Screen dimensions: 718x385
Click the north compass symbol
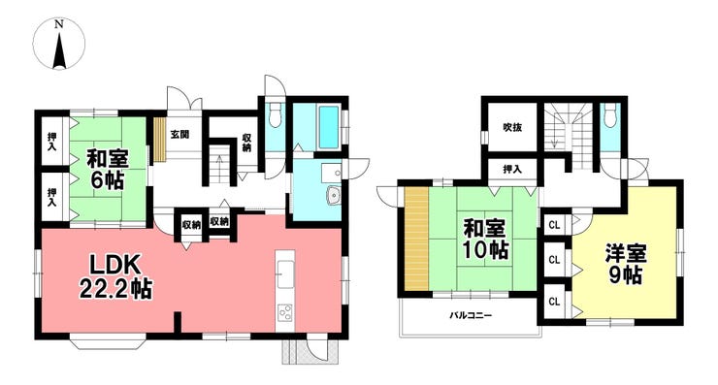click(59, 45)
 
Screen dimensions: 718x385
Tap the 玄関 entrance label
click(179, 135)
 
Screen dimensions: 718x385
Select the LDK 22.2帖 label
click(115, 276)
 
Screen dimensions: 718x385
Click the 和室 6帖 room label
click(108, 170)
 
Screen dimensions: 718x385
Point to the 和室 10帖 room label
click(485, 238)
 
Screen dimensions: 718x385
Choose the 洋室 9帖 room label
click(626, 264)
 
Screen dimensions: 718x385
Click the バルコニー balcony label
click(471, 316)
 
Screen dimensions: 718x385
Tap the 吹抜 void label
click(512, 128)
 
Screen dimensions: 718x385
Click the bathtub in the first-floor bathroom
click(328, 127)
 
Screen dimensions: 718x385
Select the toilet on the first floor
click(275, 114)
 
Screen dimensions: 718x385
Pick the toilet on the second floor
click(610, 114)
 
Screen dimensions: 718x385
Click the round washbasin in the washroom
click(333, 196)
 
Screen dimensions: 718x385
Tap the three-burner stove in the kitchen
click(285, 313)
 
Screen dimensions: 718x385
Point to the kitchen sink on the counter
click(285, 273)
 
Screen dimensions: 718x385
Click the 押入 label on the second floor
click(512, 170)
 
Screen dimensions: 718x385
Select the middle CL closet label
click(554, 260)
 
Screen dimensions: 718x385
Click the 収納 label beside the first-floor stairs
click(247, 143)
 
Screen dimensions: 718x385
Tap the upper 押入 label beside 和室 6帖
click(51, 141)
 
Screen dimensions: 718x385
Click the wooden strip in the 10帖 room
click(416, 239)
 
